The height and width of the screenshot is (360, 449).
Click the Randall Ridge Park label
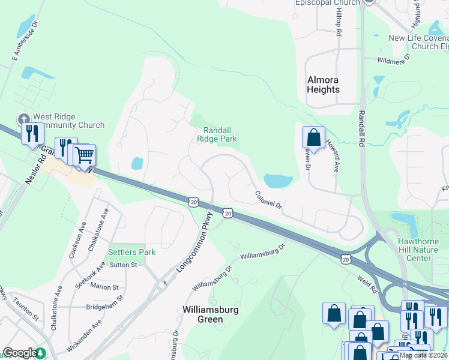coord(217,134)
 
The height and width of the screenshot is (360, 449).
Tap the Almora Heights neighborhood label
coord(323,85)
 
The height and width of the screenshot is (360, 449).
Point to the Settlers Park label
coord(131,252)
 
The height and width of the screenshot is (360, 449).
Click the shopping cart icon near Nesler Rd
coord(85,155)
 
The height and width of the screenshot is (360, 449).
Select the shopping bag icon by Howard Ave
coord(313,137)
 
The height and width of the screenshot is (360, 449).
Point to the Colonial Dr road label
coord(268,199)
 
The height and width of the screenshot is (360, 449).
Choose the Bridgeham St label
coord(104,298)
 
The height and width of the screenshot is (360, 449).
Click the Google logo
coord(20,353)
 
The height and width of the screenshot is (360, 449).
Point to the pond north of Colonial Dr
coord(277,180)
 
